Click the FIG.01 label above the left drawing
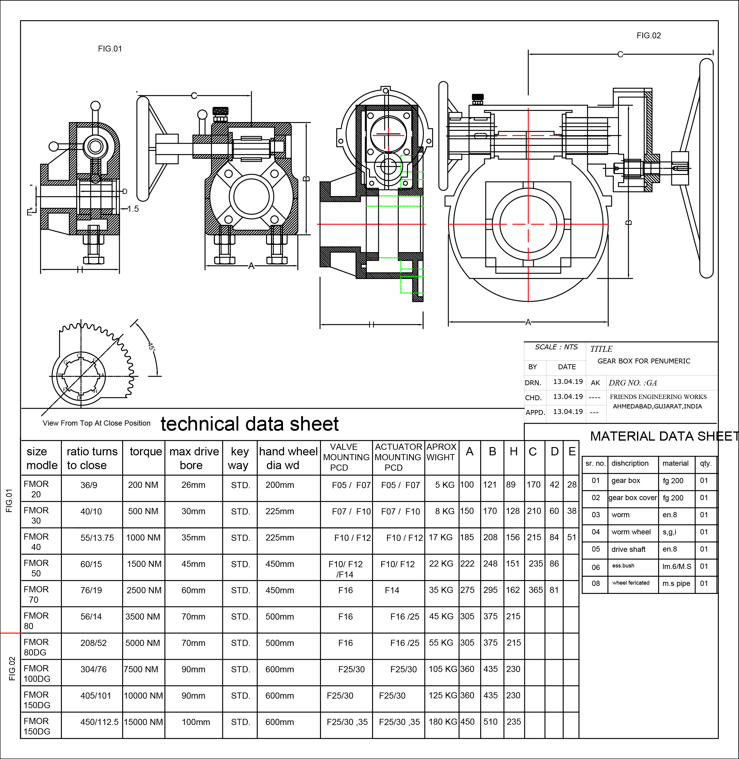(x=110, y=49)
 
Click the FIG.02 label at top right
(x=649, y=36)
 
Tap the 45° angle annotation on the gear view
(x=151, y=346)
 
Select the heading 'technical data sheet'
(x=250, y=424)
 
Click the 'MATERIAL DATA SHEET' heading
(x=664, y=436)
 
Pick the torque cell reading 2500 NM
(x=144, y=590)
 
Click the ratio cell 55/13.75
(x=97, y=538)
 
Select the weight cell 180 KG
(x=443, y=722)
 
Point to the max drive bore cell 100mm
(x=196, y=722)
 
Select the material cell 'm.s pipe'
(x=676, y=583)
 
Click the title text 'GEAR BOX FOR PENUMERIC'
(x=643, y=361)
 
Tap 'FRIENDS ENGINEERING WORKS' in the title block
(x=658, y=397)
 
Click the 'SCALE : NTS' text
(x=556, y=347)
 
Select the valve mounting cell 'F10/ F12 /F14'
(x=345, y=569)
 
